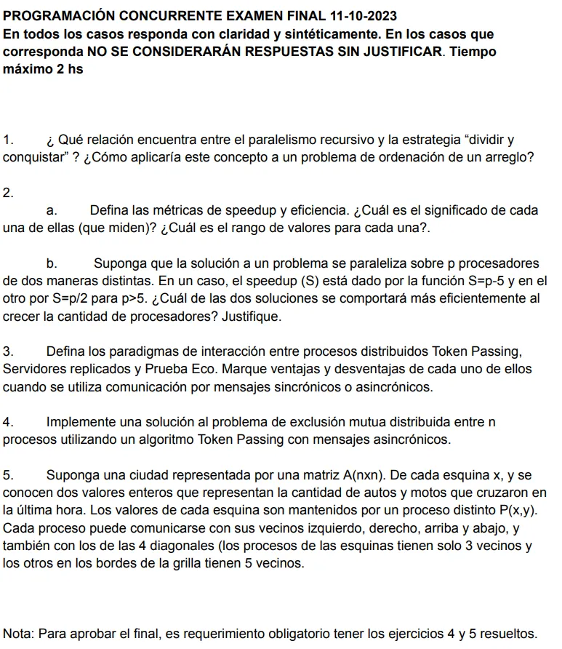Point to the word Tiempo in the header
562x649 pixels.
click(473, 53)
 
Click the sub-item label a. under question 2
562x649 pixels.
click(52, 210)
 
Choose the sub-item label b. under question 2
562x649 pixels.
click(52, 263)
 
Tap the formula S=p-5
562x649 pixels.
click(488, 281)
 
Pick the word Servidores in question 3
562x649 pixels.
click(33, 369)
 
